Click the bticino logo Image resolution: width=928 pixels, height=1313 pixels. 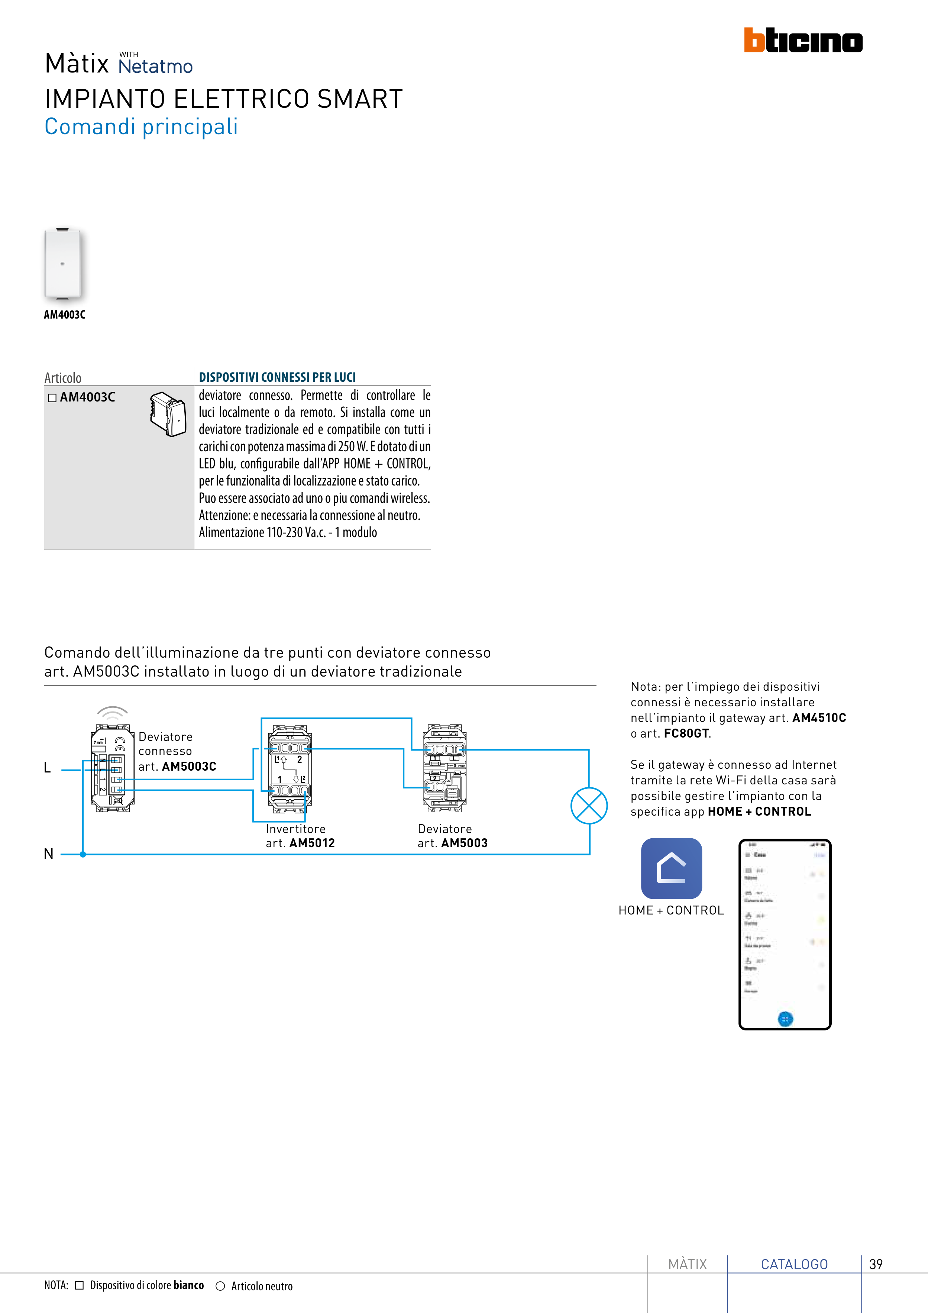[x=803, y=40]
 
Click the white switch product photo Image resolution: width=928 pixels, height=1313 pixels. [x=63, y=264]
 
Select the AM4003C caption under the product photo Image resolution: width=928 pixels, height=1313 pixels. [x=65, y=314]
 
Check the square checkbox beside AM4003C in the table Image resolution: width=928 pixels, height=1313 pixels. [x=52, y=397]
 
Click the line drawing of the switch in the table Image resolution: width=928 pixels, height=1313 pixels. [x=168, y=414]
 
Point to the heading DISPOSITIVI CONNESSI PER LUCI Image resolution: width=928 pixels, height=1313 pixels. [x=277, y=377]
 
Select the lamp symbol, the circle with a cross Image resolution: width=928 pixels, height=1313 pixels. [x=589, y=806]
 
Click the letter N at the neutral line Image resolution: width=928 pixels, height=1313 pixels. [x=49, y=854]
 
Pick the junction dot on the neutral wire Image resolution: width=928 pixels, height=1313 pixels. [x=83, y=854]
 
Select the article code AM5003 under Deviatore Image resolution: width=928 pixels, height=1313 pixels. [x=464, y=843]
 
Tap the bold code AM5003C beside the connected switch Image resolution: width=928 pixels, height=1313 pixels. [x=189, y=766]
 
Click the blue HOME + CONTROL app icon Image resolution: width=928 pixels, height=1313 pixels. [x=671, y=868]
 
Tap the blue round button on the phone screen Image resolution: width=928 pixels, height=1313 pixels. [x=785, y=1019]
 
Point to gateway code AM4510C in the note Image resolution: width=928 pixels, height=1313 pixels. [x=819, y=718]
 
